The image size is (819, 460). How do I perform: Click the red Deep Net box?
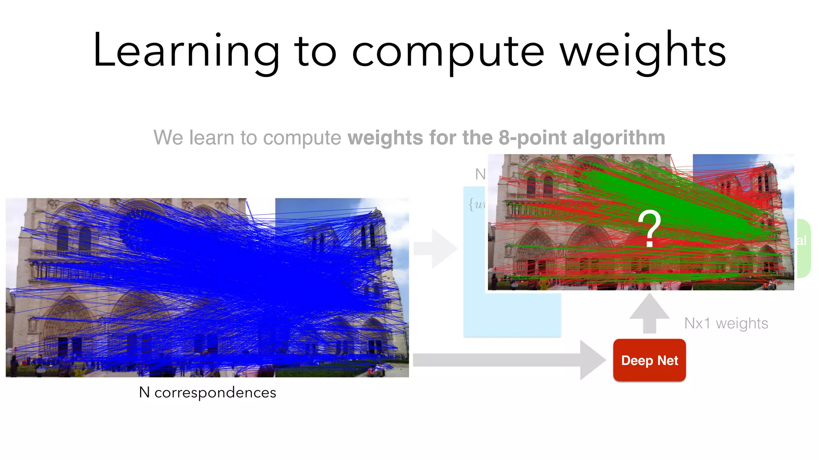[649, 360]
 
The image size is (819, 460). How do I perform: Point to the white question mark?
[649, 228]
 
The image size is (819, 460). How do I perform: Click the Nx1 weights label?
[726, 323]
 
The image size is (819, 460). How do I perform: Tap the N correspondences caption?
[207, 393]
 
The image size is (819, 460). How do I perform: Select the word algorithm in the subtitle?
[619, 138]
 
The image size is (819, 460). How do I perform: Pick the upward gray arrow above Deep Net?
[649, 313]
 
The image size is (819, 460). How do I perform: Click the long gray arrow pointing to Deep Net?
[508, 360]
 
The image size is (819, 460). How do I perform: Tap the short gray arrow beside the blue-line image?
[435, 248]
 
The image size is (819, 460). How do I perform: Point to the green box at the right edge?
[804, 248]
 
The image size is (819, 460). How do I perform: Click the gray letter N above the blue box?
[480, 174]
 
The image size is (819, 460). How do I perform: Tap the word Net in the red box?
[668, 361]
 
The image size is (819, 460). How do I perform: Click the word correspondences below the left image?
[215, 393]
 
